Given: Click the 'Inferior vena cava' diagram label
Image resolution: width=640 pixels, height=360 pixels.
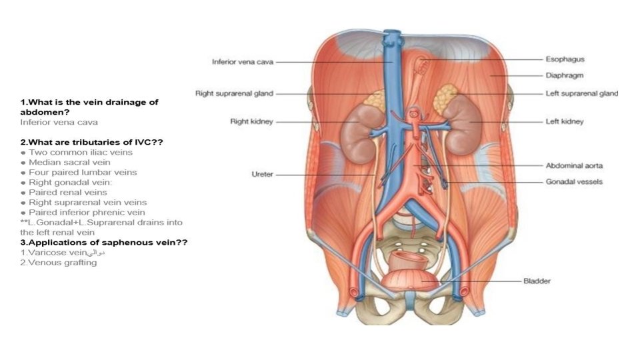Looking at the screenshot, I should coord(243,62).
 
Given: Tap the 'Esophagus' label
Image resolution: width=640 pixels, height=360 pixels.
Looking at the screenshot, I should coord(565,59).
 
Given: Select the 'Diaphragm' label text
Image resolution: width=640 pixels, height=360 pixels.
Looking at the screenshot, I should coord(565,76).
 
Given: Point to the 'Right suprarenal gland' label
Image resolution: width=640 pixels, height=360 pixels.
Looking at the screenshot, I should coord(234,94).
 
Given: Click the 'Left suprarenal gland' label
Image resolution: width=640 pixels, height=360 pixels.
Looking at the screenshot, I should coord(581,94).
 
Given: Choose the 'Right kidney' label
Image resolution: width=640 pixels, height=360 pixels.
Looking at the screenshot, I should coord(252,122).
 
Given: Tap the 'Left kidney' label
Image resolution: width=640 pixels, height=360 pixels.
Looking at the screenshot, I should coord(565,122).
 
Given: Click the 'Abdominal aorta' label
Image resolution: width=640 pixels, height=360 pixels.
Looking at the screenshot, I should coord(574,165).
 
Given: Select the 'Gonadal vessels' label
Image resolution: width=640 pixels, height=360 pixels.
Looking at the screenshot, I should coord(574,182).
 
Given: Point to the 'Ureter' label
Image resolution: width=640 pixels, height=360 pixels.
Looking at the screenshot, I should coord(262,175).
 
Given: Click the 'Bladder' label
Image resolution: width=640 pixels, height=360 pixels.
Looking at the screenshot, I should coord(537,281).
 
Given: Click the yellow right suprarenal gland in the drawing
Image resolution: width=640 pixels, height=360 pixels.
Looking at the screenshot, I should coord(374,100).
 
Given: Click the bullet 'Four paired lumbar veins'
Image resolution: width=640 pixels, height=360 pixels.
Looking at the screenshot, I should coord(83,172).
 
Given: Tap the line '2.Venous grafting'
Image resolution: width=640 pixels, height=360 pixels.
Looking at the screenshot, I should coord(59,263).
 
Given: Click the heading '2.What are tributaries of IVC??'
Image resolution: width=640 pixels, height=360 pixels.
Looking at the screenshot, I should coord(91,142).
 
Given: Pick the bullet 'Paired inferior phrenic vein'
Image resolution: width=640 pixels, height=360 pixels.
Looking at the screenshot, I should coord(87,213).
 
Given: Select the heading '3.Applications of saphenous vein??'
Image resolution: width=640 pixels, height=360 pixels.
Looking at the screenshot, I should coord(103,243).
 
